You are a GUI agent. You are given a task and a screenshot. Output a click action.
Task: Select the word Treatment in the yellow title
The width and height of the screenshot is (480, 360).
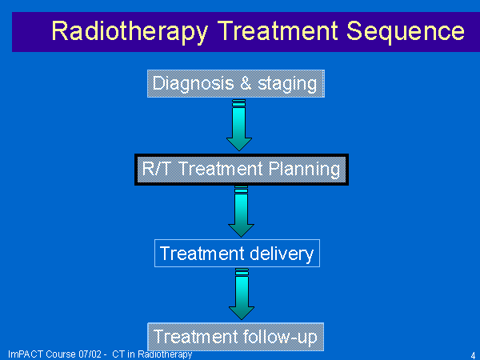pyautogui.click(x=278, y=30)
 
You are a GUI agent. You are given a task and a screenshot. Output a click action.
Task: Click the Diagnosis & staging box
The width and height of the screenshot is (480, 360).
pyautogui.click(x=236, y=83)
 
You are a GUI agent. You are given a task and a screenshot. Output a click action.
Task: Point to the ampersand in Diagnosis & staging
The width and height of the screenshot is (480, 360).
pyautogui.click(x=246, y=83)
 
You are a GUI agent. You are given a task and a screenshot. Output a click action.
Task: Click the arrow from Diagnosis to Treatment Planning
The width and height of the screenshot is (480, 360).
pyautogui.click(x=238, y=125)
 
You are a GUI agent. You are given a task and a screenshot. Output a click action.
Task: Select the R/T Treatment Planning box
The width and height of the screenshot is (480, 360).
pyautogui.click(x=242, y=170)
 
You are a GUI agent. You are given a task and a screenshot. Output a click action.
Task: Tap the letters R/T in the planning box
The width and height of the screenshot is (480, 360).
pyautogui.click(x=156, y=168)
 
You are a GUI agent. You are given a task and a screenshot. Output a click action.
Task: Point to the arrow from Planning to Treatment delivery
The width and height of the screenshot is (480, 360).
pyautogui.click(x=241, y=211)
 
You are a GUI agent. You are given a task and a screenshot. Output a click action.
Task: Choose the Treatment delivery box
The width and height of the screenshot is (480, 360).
pyautogui.click(x=237, y=253)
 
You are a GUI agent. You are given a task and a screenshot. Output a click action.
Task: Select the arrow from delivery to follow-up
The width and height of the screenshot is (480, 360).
pyautogui.click(x=242, y=294)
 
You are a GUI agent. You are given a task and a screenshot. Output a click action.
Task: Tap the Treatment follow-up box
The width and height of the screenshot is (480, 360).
pyautogui.click(x=236, y=337)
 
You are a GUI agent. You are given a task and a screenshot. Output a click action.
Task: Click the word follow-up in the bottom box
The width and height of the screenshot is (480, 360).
pyautogui.click(x=281, y=338)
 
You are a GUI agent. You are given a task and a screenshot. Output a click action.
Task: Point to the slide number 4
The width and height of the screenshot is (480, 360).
pyautogui.click(x=473, y=356)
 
